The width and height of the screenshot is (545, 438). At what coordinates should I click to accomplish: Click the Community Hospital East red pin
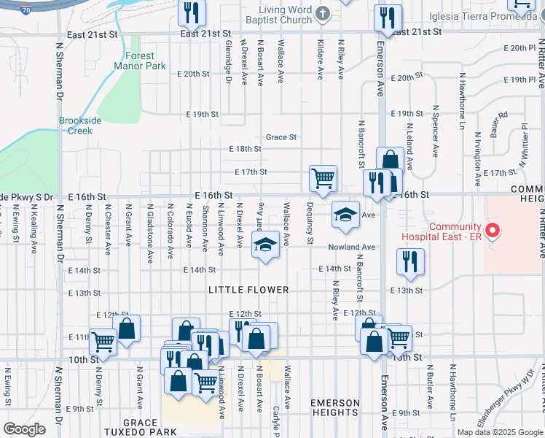click(x=493, y=231)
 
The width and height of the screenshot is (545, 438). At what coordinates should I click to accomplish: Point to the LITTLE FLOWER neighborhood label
click(x=248, y=290)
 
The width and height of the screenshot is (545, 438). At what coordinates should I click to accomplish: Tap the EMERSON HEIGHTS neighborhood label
click(x=335, y=407)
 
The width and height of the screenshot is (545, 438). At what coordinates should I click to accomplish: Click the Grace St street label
click(x=281, y=137)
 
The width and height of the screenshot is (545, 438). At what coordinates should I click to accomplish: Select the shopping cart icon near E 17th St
click(x=323, y=177)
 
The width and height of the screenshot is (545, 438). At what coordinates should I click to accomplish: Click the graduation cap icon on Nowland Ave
click(x=266, y=244)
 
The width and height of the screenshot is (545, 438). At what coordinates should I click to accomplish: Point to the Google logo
click(x=23, y=429)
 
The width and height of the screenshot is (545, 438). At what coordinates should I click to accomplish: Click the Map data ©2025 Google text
click(x=499, y=432)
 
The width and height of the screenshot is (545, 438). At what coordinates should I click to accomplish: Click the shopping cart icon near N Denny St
click(x=103, y=339)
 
